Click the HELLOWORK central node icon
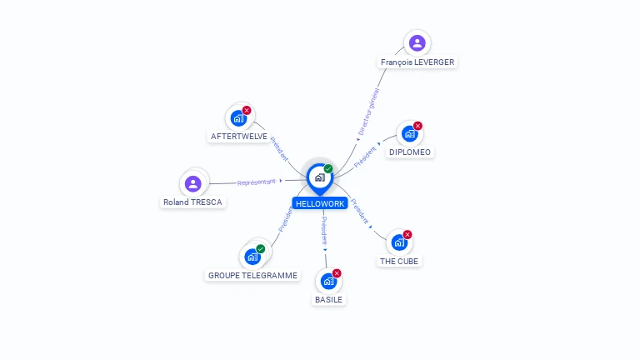319,177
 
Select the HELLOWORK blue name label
319,203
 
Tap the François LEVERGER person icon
417,43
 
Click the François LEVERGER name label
417,62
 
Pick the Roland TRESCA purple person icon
193,183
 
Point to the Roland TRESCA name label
193,202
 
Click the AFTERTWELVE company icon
238,117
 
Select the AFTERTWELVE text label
239,136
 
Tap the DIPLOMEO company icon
409,133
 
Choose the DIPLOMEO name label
410,152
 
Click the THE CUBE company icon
399,242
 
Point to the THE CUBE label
399,261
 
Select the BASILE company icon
328,281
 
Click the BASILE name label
328,299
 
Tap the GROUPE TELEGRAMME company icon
252,257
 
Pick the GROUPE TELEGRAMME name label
252,275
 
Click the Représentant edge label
257,182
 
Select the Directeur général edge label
367,112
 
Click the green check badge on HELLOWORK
328,169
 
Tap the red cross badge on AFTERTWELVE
247,110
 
